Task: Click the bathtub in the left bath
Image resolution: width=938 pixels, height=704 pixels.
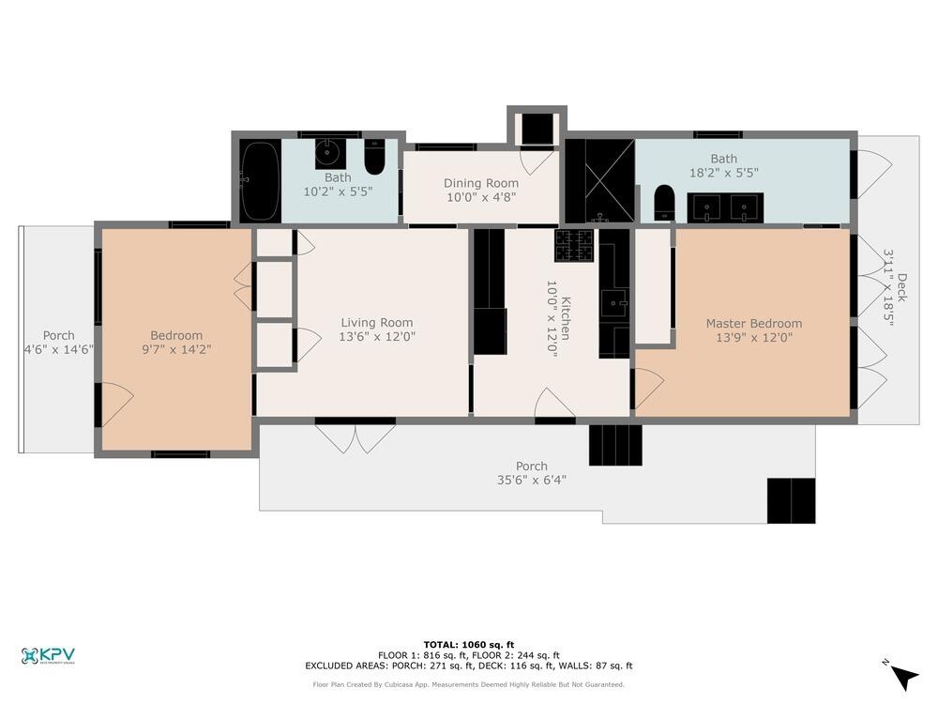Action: pyautogui.click(x=259, y=180)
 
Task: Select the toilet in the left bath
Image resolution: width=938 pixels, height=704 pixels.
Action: pyautogui.click(x=374, y=159)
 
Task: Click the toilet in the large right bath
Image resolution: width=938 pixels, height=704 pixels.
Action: pyautogui.click(x=664, y=202)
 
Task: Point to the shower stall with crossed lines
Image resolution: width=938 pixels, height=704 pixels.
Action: pyautogui.click(x=599, y=181)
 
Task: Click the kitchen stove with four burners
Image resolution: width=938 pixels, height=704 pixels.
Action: pyautogui.click(x=573, y=245)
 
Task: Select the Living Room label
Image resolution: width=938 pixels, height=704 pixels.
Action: pyautogui.click(x=377, y=323)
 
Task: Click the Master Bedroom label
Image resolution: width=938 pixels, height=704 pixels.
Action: pyautogui.click(x=754, y=324)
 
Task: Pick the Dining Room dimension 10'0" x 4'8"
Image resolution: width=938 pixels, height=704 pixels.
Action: pyautogui.click(x=481, y=197)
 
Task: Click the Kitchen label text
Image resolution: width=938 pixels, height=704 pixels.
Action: pyautogui.click(x=565, y=316)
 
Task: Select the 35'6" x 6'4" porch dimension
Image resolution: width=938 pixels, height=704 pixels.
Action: pyautogui.click(x=531, y=480)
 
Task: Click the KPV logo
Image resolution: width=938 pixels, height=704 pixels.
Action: pyautogui.click(x=48, y=655)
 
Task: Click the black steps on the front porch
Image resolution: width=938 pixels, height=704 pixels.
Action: pyautogui.click(x=615, y=445)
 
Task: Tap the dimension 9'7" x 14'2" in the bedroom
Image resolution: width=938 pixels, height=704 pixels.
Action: pyautogui.click(x=176, y=349)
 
